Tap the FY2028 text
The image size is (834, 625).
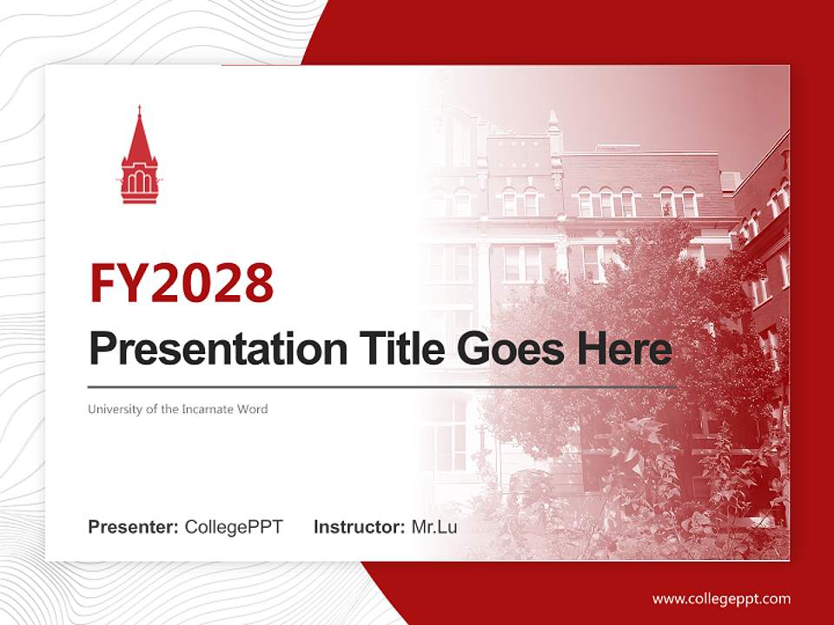point(181,282)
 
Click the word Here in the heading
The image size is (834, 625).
point(625,349)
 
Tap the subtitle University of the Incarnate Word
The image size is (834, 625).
point(177,409)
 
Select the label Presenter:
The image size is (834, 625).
point(134,527)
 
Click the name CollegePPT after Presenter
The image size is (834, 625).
point(234,527)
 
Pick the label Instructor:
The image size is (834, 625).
point(359,527)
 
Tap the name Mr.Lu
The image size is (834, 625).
point(434,527)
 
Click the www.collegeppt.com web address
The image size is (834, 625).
point(721,598)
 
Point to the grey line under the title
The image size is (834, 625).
point(382,386)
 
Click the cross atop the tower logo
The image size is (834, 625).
point(139,110)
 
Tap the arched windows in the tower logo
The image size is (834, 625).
point(139,181)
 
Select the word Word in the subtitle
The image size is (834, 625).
point(254,409)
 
